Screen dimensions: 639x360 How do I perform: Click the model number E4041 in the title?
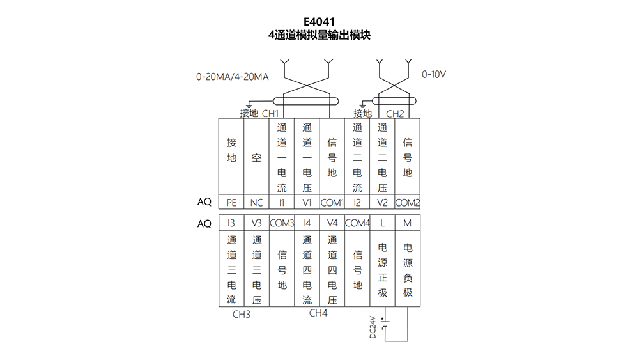319,22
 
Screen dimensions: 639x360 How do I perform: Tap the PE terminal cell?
231,202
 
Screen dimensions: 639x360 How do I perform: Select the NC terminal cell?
256,202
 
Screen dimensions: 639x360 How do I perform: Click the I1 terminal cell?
282,202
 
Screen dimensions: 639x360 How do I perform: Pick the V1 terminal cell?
307,202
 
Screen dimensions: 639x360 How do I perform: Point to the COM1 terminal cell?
332,202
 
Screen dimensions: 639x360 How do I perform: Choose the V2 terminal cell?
382,202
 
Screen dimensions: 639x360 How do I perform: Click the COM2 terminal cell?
408,202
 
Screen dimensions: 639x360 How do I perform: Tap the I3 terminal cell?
231,223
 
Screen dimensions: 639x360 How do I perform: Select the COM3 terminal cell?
282,223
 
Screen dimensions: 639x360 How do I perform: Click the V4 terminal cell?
332,223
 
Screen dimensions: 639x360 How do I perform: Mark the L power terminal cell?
382,223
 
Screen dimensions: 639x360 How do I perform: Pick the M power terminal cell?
408,223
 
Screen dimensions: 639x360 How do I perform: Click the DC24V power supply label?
373,327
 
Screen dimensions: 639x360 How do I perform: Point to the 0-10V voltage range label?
434,74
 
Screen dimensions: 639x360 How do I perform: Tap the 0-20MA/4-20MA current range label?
233,77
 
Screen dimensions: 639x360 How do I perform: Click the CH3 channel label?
242,315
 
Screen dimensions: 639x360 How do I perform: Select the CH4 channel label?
318,313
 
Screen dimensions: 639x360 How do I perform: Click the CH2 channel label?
395,114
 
